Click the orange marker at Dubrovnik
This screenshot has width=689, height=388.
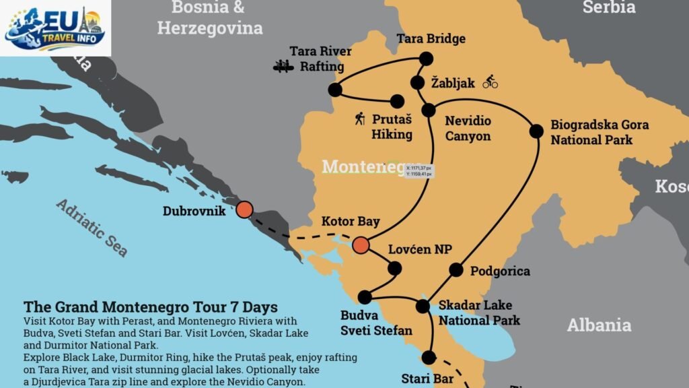244,209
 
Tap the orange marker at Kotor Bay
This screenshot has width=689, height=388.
361,245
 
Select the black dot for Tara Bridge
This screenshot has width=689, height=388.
426,59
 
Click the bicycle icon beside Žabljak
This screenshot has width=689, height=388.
490,82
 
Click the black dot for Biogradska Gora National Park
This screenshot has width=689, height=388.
536,131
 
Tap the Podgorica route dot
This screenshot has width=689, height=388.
456,270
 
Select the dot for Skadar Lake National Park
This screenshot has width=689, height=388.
423,306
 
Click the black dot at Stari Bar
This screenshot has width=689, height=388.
429,357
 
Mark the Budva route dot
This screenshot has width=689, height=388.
365,297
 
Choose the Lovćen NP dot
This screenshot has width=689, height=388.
394,268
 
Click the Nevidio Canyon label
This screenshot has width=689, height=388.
468,129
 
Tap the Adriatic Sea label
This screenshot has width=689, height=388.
92,227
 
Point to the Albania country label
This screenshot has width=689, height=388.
599,325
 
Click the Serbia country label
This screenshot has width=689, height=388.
608,7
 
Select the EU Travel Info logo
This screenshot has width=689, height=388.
55,28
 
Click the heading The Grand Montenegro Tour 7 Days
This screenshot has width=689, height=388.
150,307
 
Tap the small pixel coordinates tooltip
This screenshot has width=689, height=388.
419,170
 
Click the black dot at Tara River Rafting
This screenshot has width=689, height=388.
335,90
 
